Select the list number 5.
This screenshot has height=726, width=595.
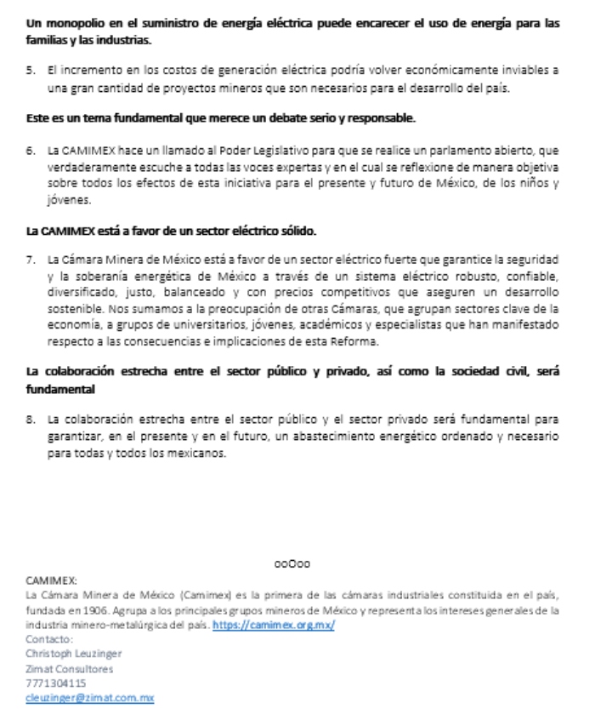point(30,75)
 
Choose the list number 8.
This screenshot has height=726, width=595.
point(30,420)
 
